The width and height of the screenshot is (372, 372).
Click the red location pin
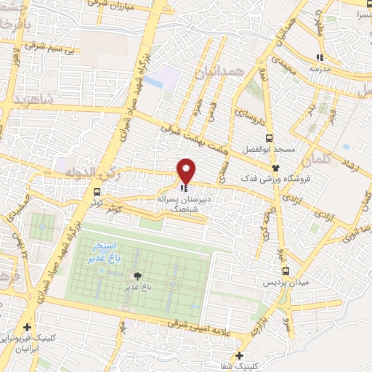pyautogui.click(x=187, y=171)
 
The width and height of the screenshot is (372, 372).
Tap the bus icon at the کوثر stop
pyautogui.click(x=97, y=192)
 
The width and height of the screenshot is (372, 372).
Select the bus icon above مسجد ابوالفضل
pyautogui.click(x=270, y=138)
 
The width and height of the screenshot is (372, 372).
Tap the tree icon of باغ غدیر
pyautogui.click(x=136, y=276)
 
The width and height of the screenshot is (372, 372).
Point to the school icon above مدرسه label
pyautogui.click(x=319, y=57)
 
